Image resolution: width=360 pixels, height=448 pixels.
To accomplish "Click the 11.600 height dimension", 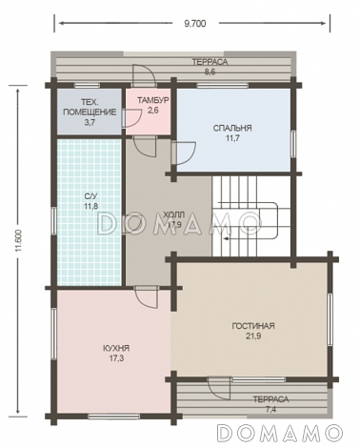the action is pos(18,240).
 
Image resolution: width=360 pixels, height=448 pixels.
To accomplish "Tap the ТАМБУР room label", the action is pos(152,101).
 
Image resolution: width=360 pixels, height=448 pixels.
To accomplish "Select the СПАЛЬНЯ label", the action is pos(232,129).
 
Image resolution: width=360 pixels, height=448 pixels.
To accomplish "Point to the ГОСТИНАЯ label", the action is pos(253,326).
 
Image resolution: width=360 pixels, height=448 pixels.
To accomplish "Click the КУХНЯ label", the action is pos(116,348).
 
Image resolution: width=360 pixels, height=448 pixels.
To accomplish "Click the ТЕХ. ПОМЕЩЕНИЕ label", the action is pos(90,107).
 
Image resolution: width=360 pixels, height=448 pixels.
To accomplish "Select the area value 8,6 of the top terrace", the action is pos(210,72).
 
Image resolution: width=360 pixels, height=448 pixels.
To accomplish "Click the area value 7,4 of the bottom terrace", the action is pos(270,410).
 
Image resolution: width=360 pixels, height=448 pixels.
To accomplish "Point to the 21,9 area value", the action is pos(253,336).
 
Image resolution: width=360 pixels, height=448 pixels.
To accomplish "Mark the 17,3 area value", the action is pos(116,358).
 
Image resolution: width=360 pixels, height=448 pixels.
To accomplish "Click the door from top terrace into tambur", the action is pos(144,75).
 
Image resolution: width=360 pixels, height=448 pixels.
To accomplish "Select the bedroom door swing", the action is pos(184,153).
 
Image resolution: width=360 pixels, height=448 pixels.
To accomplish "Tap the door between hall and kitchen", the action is pos(147,296).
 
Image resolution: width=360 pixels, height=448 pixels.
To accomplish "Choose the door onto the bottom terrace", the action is pos(219,388).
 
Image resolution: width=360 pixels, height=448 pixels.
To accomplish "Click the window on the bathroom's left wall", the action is pos(54,220).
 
